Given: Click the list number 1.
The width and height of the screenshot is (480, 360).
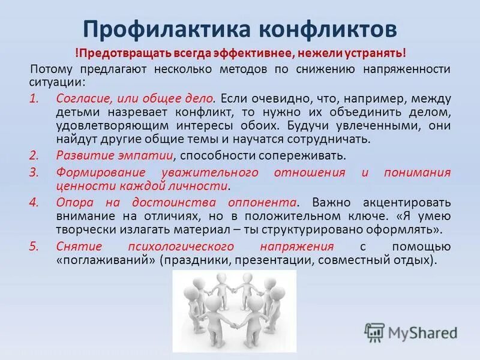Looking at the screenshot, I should click(34, 98).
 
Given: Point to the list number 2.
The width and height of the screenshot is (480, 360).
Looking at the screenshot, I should click(34, 155).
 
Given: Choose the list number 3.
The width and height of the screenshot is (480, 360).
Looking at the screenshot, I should click(34, 173).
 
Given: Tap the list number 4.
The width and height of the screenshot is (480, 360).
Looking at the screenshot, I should click(34, 202).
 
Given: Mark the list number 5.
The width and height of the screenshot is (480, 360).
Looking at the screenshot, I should click(34, 247).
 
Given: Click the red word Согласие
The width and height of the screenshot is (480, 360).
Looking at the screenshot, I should click(80, 98).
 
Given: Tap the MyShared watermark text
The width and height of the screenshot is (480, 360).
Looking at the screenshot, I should click(422, 332).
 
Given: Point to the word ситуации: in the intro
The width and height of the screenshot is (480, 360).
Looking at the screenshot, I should click(57, 82).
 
